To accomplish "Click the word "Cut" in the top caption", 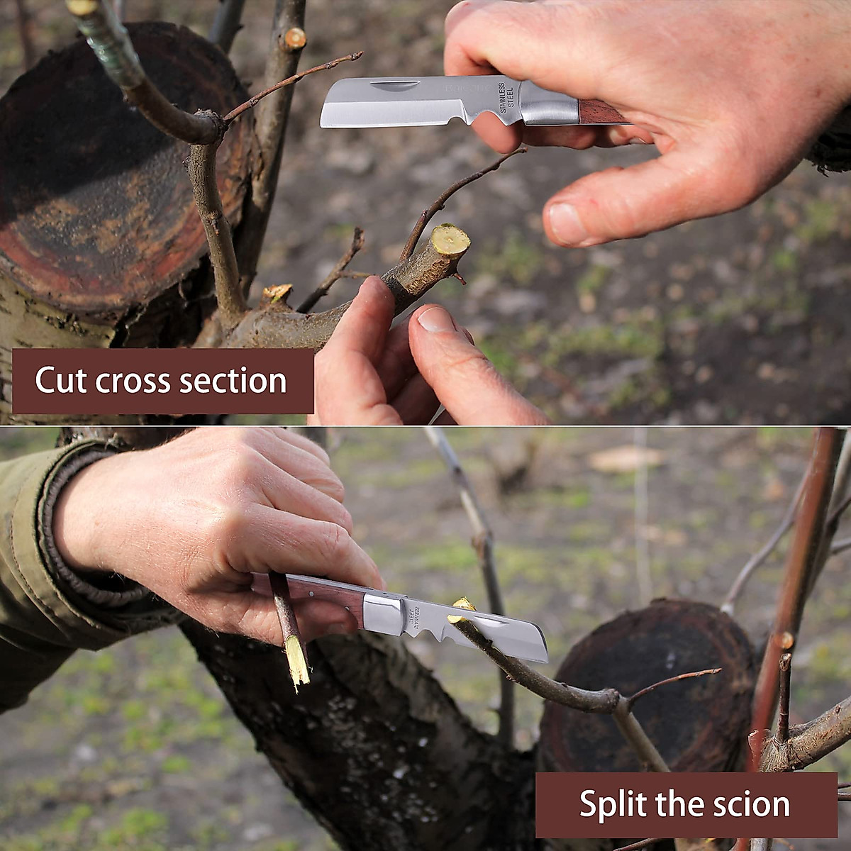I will tap(61, 381).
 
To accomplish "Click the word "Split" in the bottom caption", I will tap(612, 804).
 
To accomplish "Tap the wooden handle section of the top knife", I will tap(599, 111).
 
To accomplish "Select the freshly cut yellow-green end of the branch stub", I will tap(451, 240).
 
